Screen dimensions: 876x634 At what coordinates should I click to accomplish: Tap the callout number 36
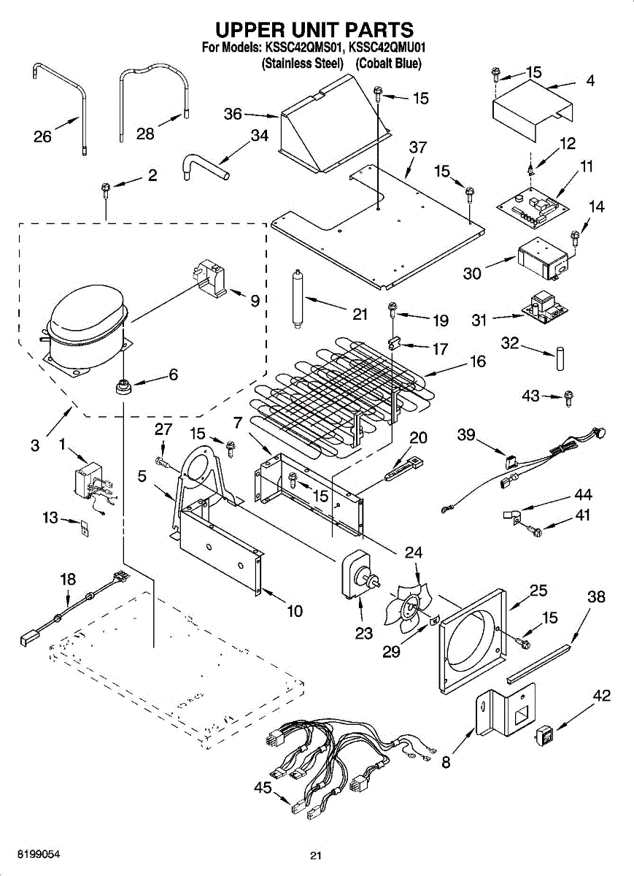pyautogui.click(x=233, y=114)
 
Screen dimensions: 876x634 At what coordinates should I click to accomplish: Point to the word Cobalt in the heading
pyautogui.click(x=375, y=64)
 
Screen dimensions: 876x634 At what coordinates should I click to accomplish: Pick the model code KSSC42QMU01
pyautogui.click(x=387, y=48)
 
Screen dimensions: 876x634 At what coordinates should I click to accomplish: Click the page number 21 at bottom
pyautogui.click(x=315, y=856)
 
